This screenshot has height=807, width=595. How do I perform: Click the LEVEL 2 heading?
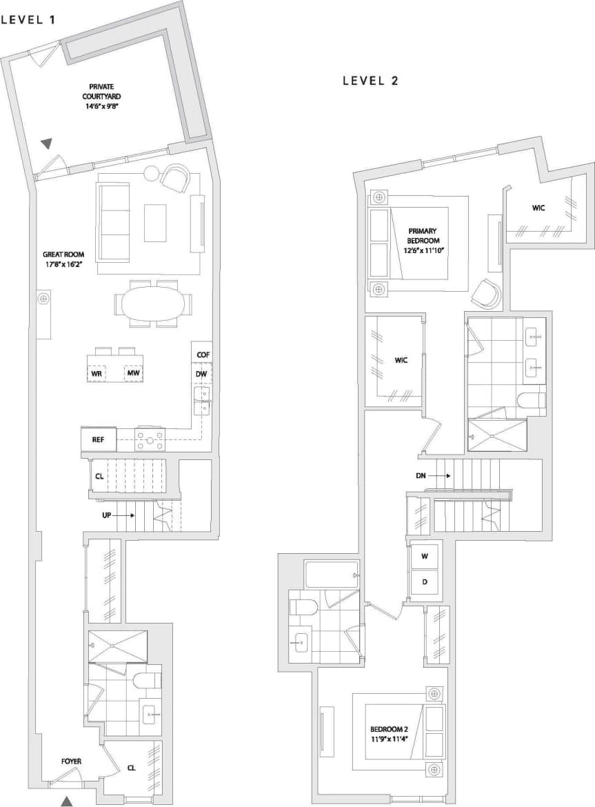[371, 81]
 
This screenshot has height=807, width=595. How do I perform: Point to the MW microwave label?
[132, 374]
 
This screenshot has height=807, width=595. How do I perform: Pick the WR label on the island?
[97, 374]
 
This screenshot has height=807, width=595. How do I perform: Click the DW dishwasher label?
[202, 374]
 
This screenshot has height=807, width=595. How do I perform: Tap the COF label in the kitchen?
[202, 355]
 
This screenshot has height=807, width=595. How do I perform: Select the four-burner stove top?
[150, 439]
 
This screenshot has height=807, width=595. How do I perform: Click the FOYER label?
[71, 761]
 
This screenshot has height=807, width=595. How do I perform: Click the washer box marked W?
[425, 557]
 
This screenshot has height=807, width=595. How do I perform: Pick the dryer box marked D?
[425, 582]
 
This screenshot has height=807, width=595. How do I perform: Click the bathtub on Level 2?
[330, 574]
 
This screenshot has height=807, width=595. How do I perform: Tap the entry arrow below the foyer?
[67, 800]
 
